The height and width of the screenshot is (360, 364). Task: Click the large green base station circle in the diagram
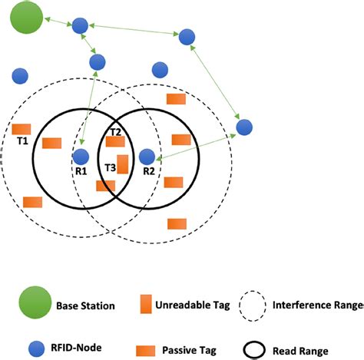coord(27,18)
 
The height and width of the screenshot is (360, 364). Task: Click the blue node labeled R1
coord(81,156)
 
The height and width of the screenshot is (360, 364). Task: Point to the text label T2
coord(115,132)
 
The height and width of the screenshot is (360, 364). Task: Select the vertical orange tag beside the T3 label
coord(122,164)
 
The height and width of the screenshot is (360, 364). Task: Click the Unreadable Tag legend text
coord(194,306)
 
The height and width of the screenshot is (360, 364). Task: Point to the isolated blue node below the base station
coord(20,75)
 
